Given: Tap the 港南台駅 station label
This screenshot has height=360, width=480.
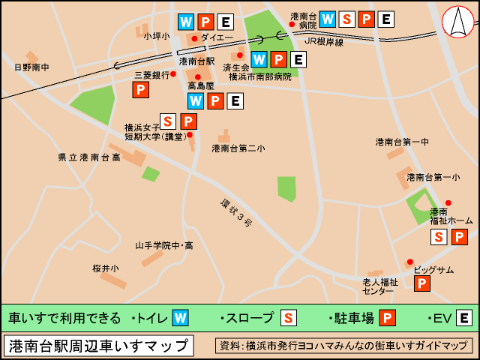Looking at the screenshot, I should [197, 61].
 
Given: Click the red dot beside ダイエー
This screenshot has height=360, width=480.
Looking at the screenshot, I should [194, 38].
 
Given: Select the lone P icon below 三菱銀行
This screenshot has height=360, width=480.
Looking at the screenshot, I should [140, 90].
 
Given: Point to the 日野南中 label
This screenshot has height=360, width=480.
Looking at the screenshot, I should [31, 67].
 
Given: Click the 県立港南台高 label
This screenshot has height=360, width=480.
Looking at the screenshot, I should [88, 157].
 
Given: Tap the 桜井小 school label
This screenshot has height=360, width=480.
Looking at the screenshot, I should [106, 268].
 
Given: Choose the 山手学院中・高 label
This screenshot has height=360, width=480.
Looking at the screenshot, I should [163, 245].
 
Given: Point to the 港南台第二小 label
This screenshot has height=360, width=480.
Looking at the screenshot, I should [238, 148].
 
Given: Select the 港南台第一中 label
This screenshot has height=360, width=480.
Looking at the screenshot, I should [402, 142].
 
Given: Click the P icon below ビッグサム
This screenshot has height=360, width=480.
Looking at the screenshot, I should [422, 283].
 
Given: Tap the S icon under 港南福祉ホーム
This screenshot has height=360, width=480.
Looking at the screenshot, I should [440, 237].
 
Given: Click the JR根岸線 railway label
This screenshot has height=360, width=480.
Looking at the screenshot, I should [323, 42].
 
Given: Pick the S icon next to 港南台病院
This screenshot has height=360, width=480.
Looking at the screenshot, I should [347, 19].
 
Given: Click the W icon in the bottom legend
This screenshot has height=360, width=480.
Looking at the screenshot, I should [180, 318].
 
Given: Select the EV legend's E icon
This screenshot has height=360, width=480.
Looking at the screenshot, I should [464, 318].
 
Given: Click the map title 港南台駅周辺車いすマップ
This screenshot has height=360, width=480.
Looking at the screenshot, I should [98, 346].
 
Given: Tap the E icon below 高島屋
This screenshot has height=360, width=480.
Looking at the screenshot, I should [235, 100].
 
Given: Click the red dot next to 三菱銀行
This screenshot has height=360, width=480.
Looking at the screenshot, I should [173, 74].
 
